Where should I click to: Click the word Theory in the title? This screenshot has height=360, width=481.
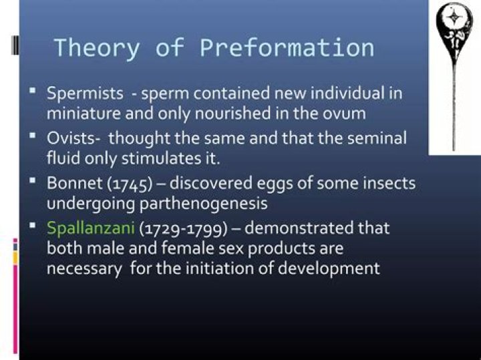pos(97,48)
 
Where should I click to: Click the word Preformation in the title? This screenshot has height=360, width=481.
pos(287,48)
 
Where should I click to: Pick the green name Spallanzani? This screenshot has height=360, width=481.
pos(91,228)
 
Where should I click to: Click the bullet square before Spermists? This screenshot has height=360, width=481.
pos(32,89)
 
